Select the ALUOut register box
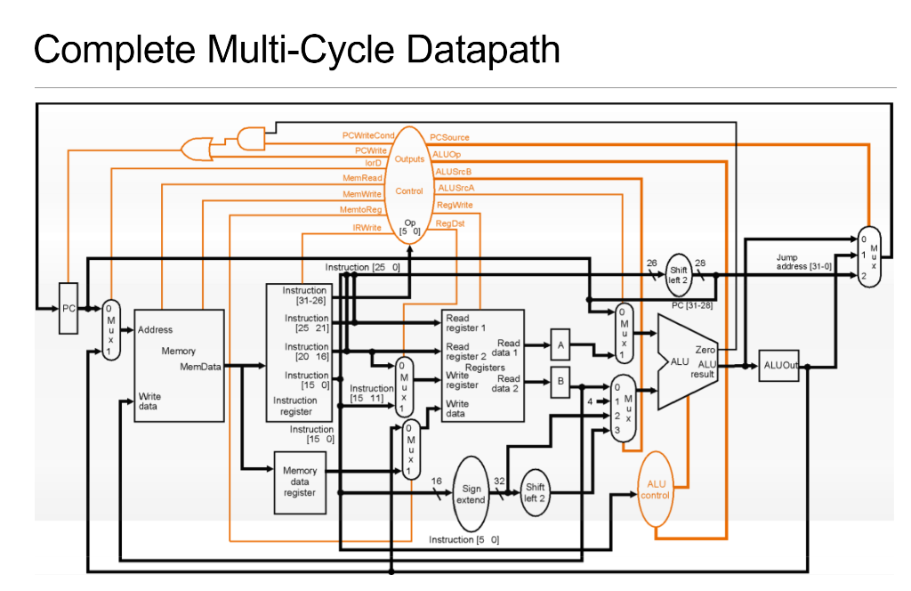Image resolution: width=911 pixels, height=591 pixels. point(778,366)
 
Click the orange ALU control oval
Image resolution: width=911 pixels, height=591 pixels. point(655,490)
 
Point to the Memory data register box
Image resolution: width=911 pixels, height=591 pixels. point(300,482)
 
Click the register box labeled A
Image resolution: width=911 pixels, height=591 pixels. point(560,344)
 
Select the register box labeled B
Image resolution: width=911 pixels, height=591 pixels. point(560,381)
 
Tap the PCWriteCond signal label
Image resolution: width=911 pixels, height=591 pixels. point(367,135)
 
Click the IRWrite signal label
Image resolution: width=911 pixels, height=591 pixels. point(367,228)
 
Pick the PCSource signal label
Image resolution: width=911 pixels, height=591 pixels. point(449,138)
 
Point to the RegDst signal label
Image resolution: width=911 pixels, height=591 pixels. point(450,223)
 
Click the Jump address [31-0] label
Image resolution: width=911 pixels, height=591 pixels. point(803,262)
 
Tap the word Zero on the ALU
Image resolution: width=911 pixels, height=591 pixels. point(705,350)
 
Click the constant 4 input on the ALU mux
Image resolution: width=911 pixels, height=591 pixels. point(590,401)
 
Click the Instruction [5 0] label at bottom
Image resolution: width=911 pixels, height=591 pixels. point(464,539)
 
